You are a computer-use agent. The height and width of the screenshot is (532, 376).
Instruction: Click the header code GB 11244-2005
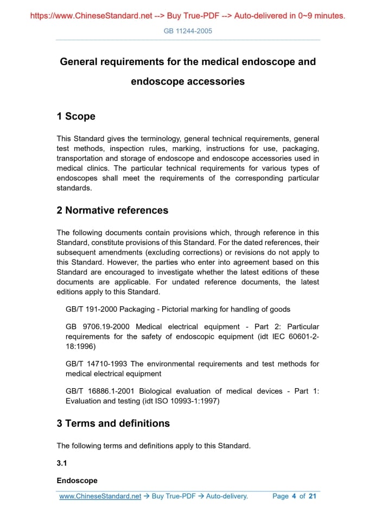188,31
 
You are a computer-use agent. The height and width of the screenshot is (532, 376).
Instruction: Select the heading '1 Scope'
76,116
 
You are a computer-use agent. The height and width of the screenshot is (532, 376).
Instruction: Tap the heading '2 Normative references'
112,210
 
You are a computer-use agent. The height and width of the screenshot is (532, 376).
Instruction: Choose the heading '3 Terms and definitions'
113,423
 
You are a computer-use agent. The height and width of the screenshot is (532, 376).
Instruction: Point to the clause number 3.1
62,463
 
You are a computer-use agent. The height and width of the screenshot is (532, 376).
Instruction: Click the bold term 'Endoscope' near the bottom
77,480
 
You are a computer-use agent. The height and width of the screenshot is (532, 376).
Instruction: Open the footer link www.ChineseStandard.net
100,496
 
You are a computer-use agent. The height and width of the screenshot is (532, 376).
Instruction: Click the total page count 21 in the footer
312,496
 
